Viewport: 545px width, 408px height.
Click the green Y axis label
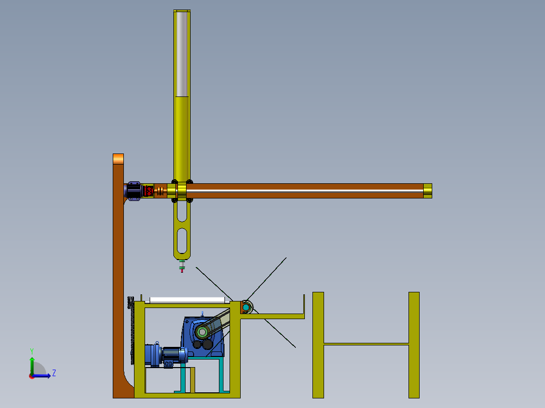tap(32, 351)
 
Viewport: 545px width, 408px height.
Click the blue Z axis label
tap(54, 373)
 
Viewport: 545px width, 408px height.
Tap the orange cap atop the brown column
tap(118, 159)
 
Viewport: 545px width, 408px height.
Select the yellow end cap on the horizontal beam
tap(428, 191)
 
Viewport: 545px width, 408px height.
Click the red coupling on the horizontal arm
tap(149, 191)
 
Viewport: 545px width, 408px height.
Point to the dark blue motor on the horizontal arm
tap(133, 191)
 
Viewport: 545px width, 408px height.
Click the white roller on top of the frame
tap(188, 300)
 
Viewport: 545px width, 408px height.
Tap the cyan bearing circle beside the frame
tap(246, 308)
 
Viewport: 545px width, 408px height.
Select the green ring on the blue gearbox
tap(202, 333)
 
